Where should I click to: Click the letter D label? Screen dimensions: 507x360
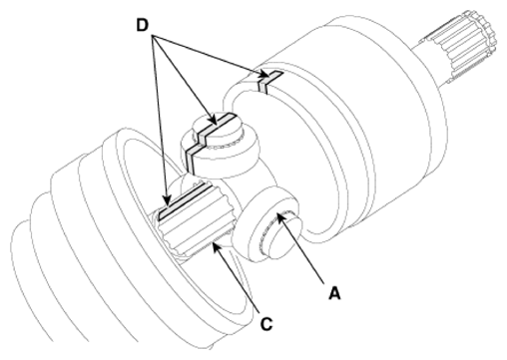pos(143,25)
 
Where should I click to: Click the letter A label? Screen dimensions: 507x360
pos(334,293)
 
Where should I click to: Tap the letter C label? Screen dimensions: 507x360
pos(266,324)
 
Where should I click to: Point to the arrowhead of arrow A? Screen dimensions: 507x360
pos(280,217)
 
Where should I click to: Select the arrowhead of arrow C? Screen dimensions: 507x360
pos(217,247)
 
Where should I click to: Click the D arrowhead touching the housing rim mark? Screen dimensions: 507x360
pos(262,75)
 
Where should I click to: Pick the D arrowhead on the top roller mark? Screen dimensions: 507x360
pos(214,120)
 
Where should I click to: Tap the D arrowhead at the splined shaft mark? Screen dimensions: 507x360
pos(167,199)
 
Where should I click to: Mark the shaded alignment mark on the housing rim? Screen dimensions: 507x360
pos(270,81)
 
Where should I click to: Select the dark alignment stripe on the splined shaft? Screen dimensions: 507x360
pos(185,201)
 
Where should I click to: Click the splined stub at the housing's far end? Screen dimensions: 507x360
pos(461,45)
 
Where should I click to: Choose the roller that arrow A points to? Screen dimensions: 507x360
pos(267,224)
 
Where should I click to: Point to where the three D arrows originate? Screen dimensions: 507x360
pos(153,35)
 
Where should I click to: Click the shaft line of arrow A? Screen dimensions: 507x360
pos(302,251)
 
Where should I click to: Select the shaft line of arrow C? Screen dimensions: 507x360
pos(239,279)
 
